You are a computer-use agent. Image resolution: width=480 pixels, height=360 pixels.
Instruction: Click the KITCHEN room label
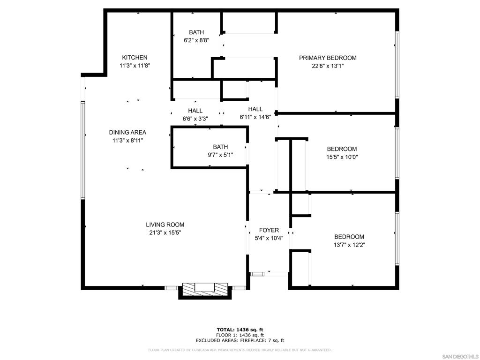coord(135,58)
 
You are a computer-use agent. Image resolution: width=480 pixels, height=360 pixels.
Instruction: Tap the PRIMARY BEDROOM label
coord(328,58)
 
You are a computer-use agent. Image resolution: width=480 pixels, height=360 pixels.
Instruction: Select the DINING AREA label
coord(127,133)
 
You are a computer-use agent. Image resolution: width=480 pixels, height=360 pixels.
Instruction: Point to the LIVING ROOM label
coord(165,225)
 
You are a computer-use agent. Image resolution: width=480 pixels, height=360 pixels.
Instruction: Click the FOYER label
coord(269,230)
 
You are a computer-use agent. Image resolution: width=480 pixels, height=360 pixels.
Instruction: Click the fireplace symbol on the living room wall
coord(205,289)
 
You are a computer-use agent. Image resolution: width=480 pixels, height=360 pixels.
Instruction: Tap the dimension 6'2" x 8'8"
coord(196,40)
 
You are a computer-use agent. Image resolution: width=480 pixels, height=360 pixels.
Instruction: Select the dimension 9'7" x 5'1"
coord(220,155)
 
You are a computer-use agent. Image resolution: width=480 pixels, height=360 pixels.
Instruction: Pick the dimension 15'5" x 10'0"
coord(342,157)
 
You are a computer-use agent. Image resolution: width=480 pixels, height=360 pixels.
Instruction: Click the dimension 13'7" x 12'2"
coord(349,245)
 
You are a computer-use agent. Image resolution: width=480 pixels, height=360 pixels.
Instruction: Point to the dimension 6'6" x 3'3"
coord(195,119)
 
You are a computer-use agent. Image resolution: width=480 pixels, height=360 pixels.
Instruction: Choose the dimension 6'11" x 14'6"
coord(255,117)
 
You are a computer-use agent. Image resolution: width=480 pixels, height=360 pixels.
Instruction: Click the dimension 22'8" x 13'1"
coord(328,66)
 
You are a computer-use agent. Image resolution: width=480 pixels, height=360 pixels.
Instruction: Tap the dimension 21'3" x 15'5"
coord(165,232)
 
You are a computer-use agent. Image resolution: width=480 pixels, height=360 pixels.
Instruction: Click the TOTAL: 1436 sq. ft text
coord(240,330)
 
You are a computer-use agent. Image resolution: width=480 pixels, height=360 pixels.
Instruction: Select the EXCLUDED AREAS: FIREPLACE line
coord(240,340)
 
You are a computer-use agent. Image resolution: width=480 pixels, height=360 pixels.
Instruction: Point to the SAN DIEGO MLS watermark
coord(460,356)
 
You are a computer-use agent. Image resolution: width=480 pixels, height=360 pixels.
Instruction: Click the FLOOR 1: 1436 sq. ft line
coord(240,335)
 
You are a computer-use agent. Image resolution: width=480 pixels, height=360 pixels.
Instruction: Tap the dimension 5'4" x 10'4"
coord(269,238)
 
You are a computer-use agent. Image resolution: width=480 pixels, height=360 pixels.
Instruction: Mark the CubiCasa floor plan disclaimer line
coord(240,350)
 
